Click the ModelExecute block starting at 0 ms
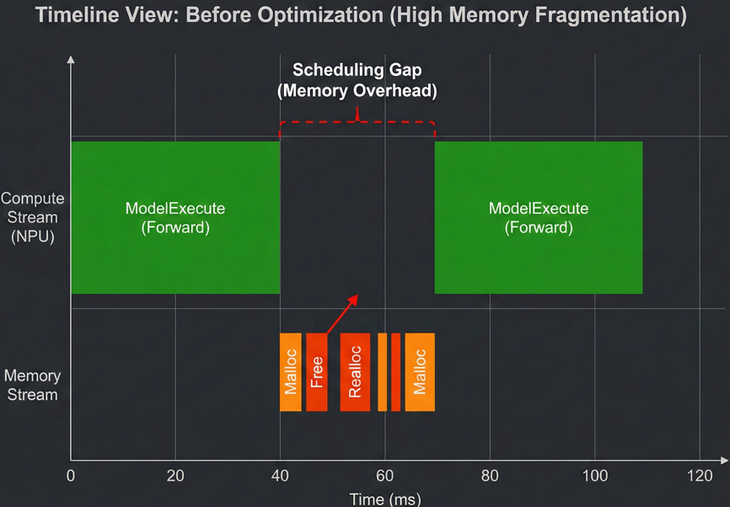click(x=174, y=217)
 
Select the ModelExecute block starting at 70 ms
click(x=538, y=217)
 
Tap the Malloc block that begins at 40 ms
click(x=290, y=372)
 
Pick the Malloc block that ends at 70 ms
click(x=419, y=372)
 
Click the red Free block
click(x=316, y=372)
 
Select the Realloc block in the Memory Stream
click(x=355, y=372)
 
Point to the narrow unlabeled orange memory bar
click(x=382, y=372)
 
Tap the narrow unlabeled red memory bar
click(x=395, y=372)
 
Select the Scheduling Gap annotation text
click(x=357, y=81)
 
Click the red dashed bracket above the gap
click(x=357, y=123)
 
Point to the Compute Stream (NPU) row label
click(x=31, y=217)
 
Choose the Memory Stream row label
click(x=32, y=384)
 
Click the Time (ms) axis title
click(x=384, y=499)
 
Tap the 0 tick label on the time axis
click(x=71, y=475)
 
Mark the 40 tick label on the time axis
click(x=280, y=475)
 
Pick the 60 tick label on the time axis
click(x=384, y=475)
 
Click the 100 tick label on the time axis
click(x=594, y=475)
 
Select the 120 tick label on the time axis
click(x=700, y=475)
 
